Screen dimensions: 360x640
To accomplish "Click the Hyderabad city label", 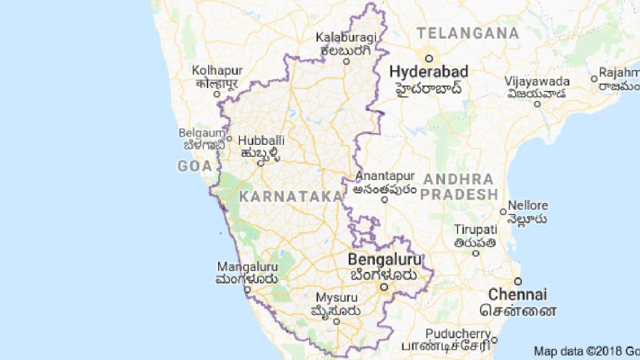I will [x=429, y=72].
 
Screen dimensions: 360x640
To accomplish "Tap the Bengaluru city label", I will [x=384, y=259].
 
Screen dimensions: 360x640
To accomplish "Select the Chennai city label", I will [x=518, y=294].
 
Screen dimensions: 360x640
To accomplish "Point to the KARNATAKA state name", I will [x=291, y=196].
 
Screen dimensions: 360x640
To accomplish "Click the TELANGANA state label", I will [x=467, y=33].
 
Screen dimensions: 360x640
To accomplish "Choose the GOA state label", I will [x=195, y=166].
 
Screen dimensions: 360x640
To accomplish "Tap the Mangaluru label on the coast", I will [x=247, y=267].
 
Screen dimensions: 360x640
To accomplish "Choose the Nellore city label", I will [x=528, y=205].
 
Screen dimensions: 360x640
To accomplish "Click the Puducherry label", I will [x=458, y=334].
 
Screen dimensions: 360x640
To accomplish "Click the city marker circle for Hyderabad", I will [x=429, y=58].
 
